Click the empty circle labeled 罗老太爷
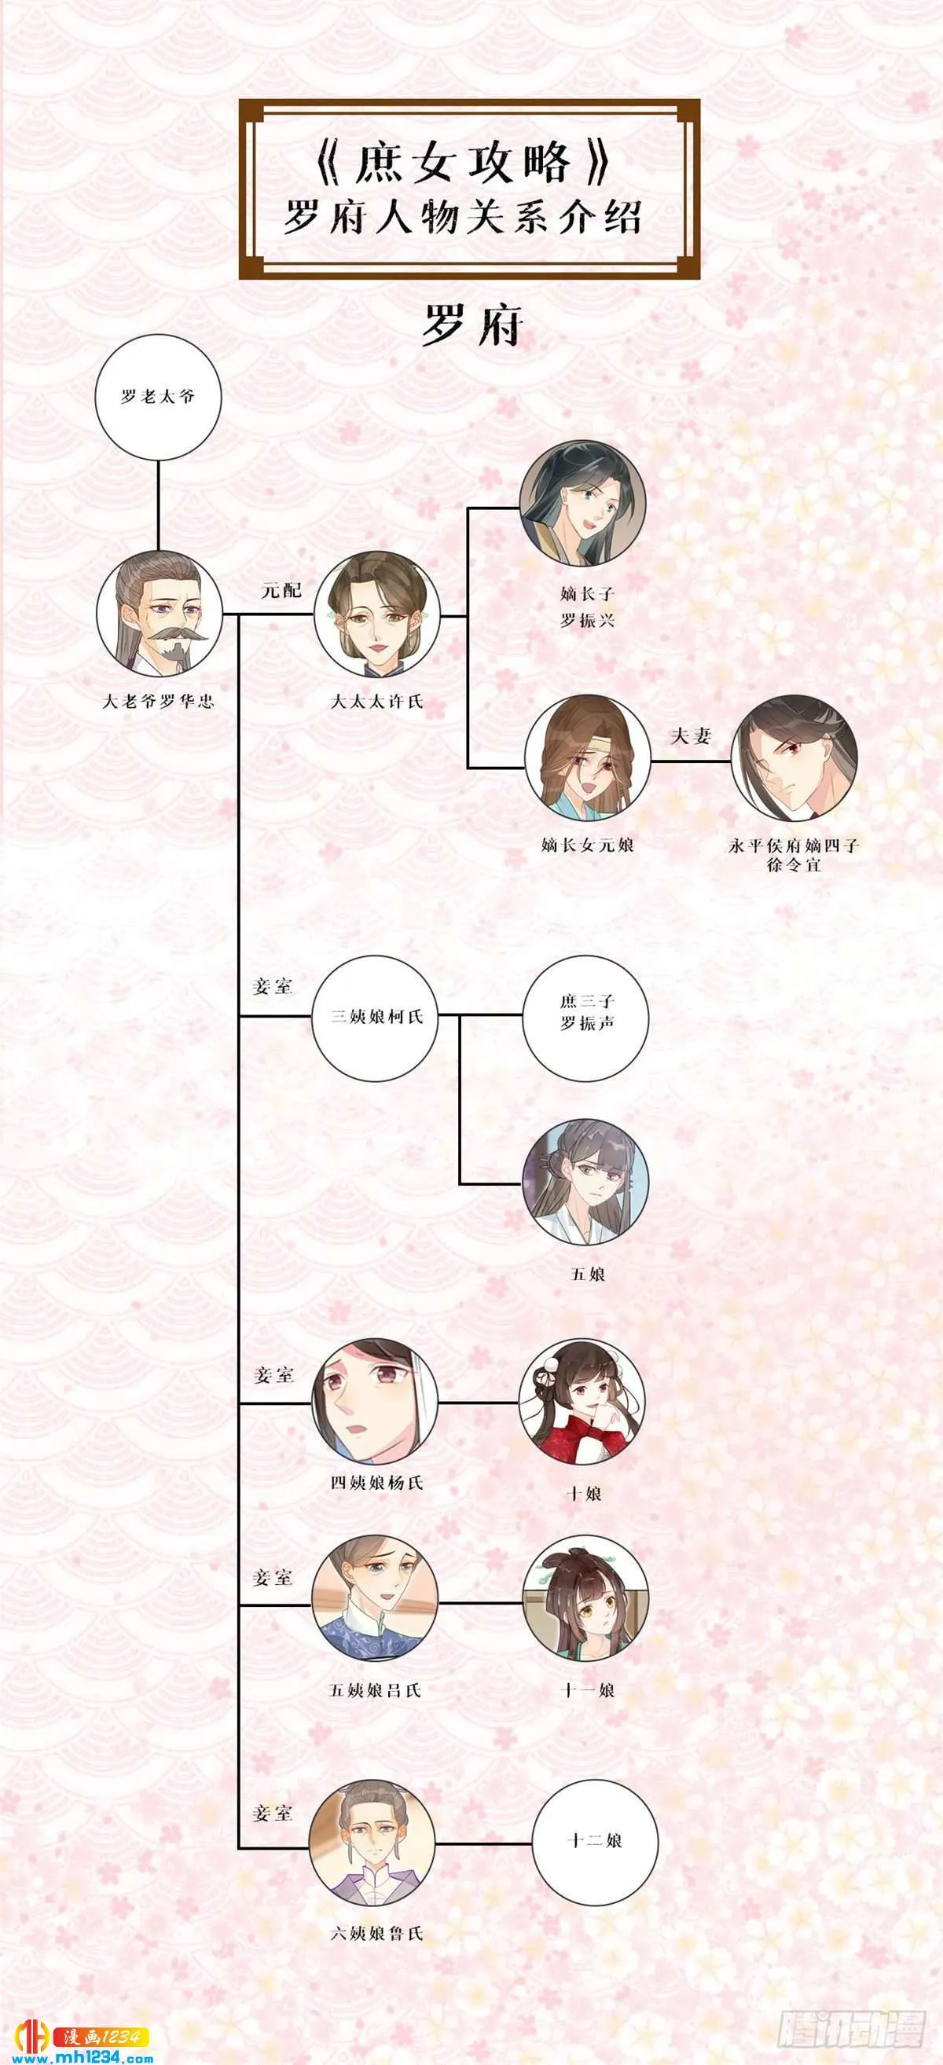(x=158, y=397)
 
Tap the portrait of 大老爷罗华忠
(x=159, y=614)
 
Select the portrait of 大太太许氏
(x=376, y=614)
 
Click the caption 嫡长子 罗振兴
(x=587, y=607)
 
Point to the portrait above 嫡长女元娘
(x=588, y=757)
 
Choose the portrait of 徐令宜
(x=794, y=757)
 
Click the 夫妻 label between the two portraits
(x=692, y=735)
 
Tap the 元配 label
(x=281, y=590)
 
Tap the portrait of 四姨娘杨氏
(x=376, y=1402)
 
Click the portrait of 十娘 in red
(x=582, y=1402)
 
